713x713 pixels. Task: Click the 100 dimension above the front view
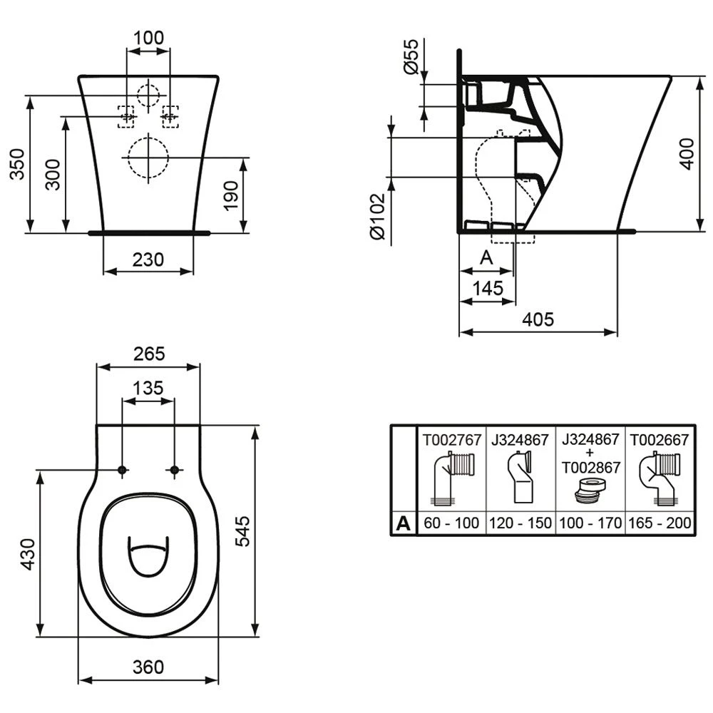148,38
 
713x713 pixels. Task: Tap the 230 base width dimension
148,260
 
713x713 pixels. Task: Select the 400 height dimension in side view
686,153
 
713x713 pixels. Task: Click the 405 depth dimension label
538,320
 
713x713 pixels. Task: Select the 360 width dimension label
148,667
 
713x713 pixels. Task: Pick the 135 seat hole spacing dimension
148,389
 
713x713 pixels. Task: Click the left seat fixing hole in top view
123,470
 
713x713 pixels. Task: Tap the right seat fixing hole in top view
175,470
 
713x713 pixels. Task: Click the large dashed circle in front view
148,157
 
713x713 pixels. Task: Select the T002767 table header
451,440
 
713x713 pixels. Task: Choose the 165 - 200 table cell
659,523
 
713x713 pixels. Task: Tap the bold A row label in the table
404,523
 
